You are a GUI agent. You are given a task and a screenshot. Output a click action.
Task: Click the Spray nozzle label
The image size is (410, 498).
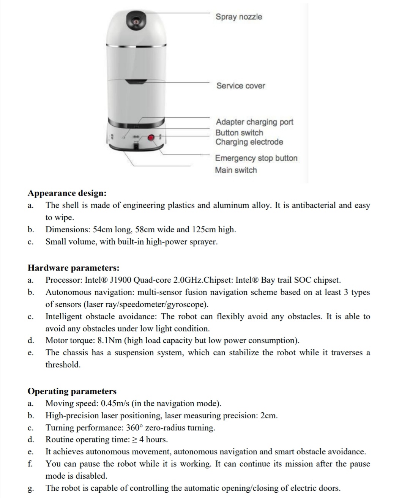pyautogui.click(x=239, y=17)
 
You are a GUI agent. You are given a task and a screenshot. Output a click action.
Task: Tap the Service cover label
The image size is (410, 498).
pyautogui.click(x=241, y=86)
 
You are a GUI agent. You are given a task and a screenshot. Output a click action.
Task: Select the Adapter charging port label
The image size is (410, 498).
pyautogui.click(x=254, y=122)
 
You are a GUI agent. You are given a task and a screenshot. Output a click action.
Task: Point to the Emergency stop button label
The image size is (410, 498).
pyautogui.click(x=256, y=158)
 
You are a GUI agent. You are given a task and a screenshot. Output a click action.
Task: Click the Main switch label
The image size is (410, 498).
pyautogui.click(x=236, y=170)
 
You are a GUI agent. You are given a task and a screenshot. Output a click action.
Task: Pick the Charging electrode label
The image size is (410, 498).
pyautogui.click(x=249, y=142)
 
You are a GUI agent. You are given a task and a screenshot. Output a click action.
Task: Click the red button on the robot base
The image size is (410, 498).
pyautogui.click(x=151, y=137)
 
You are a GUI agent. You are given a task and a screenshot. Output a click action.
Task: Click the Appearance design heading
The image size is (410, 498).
pyautogui.click(x=67, y=193)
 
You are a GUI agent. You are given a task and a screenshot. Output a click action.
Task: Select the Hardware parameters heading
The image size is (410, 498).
pyautogui.click(x=74, y=268)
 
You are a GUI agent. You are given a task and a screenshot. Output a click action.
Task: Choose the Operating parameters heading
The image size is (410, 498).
pyautogui.click(x=72, y=391)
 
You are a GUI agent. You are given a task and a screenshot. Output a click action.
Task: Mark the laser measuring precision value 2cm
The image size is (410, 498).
pyautogui.click(x=269, y=416)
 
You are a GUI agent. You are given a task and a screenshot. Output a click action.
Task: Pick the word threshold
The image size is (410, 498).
pyautogui.click(x=63, y=365)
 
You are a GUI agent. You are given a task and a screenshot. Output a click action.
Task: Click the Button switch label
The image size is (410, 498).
pyautogui.click(x=239, y=132)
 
